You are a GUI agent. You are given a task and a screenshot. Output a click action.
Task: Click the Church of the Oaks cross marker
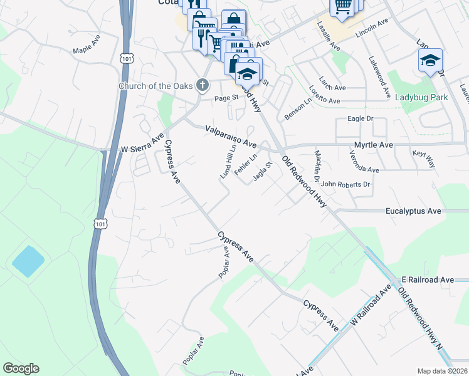point(202,85)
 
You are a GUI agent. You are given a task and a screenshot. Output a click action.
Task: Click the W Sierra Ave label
point(142,143)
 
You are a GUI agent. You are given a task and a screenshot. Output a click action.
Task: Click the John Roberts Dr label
point(345,185)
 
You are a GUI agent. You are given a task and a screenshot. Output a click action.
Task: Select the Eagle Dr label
point(360,118)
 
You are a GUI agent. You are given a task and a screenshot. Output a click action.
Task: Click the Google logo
point(21,368)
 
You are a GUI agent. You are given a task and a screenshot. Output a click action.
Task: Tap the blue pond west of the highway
point(28,261)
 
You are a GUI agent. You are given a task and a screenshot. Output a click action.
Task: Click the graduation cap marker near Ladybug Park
point(430,61)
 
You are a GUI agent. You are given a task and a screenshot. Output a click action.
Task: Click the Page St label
point(226,98)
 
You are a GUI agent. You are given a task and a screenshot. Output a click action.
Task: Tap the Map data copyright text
point(443,371)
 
